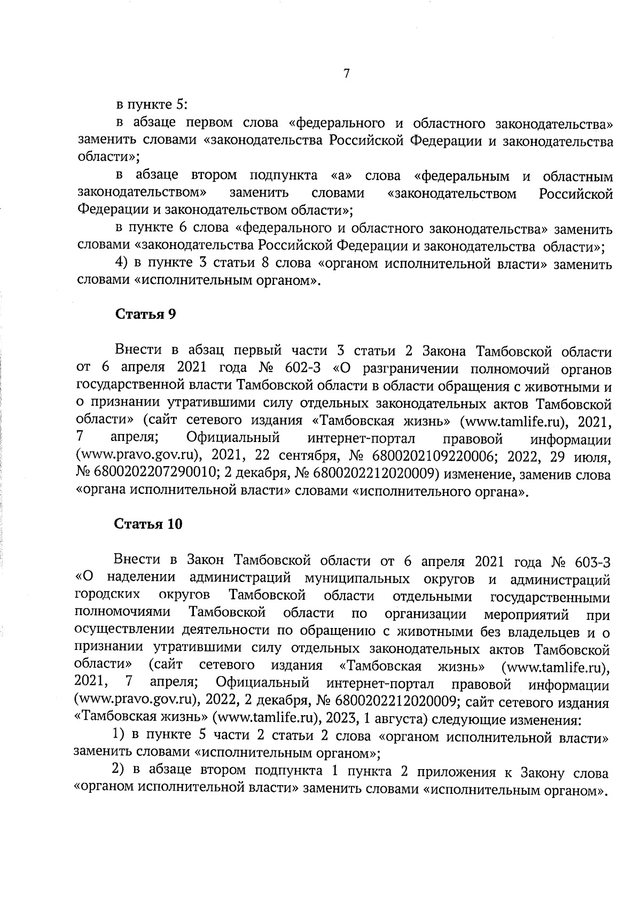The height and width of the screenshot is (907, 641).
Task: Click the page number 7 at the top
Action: [x=346, y=74]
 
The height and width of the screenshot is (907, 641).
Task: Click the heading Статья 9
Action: [x=146, y=314]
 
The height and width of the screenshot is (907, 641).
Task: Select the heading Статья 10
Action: [x=148, y=524]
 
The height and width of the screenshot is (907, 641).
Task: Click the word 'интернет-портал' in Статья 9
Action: [x=361, y=439]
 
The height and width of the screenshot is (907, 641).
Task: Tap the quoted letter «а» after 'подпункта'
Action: [x=340, y=176]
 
